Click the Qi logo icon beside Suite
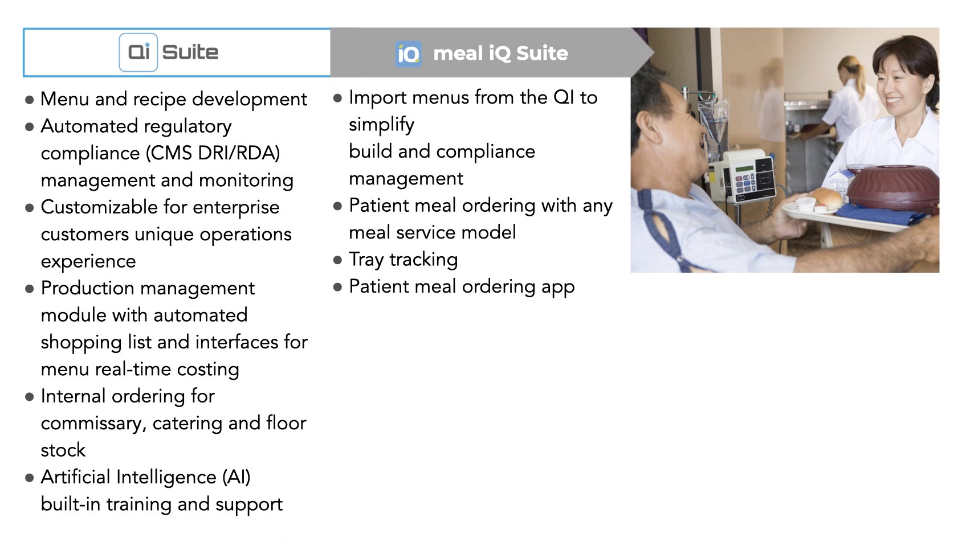(138, 52)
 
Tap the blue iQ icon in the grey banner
(408, 54)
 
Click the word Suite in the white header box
(190, 52)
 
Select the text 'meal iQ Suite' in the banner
(501, 54)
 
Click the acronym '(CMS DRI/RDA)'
(213, 153)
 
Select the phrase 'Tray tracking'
(403, 260)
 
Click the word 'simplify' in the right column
(381, 125)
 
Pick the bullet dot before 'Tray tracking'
(337, 260)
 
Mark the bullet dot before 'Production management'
(30, 289)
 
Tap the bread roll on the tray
(825, 198)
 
